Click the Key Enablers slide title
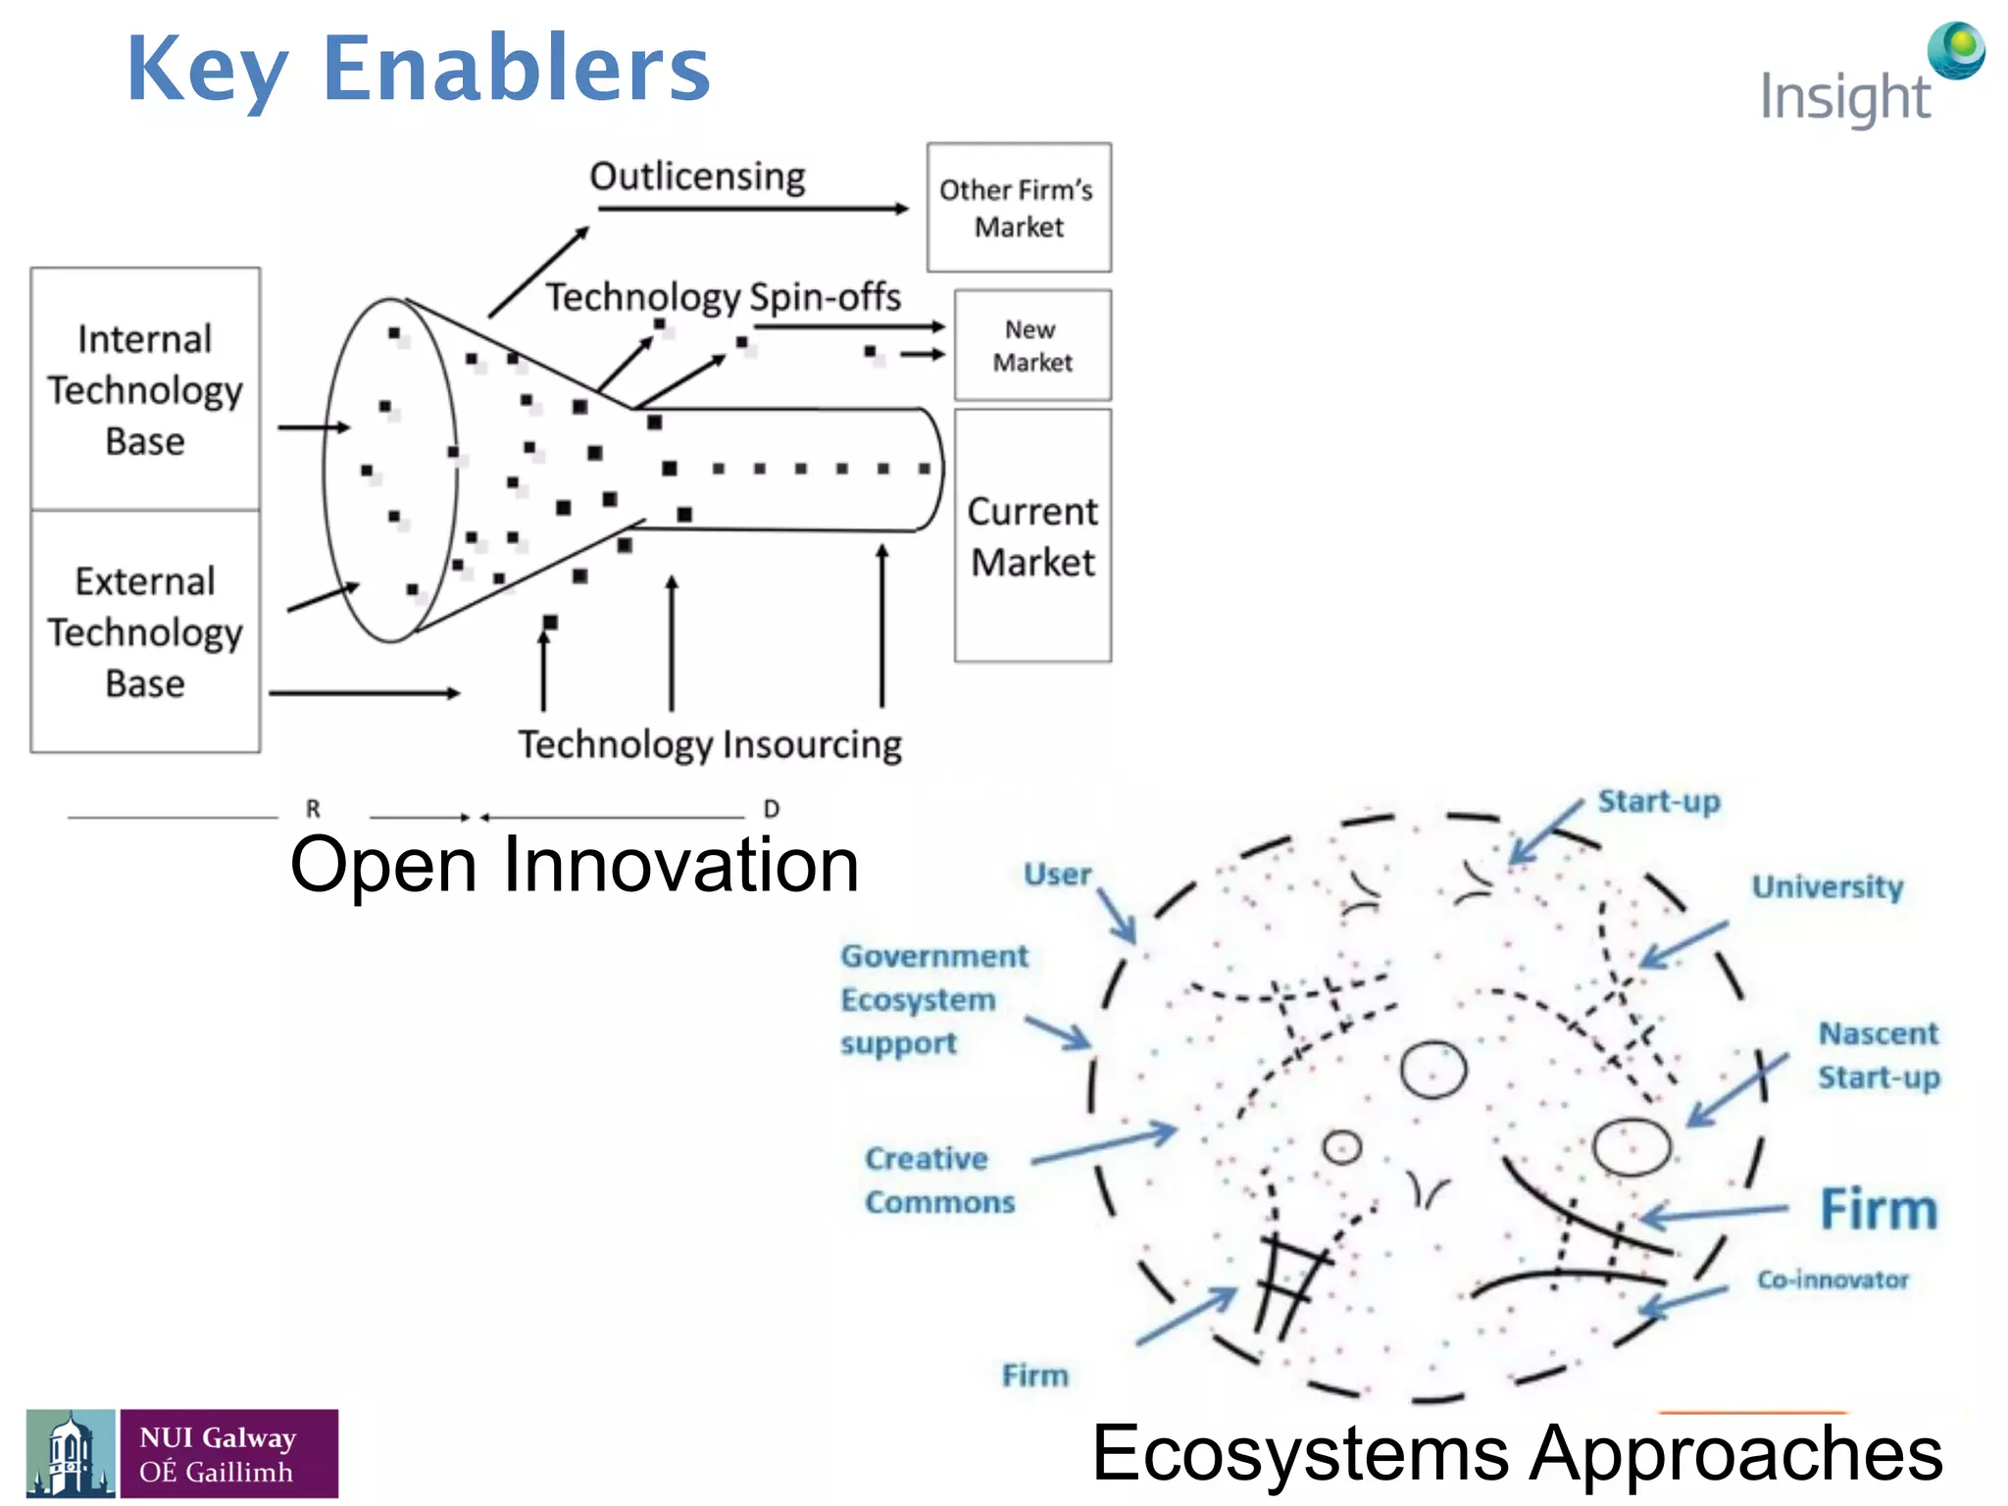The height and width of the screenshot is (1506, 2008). tap(419, 69)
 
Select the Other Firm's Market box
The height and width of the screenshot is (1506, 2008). tap(1019, 208)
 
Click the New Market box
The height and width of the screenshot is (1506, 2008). tap(1032, 345)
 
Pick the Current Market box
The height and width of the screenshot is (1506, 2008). tap(1032, 536)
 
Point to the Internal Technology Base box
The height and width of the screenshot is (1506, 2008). tap(145, 389)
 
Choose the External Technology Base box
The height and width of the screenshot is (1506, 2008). tap(145, 631)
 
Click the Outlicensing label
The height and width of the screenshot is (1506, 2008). tap(697, 176)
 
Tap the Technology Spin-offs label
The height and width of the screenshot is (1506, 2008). tap(724, 296)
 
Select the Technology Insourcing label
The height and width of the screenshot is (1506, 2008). tap(710, 744)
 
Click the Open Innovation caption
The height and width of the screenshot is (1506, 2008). tap(575, 865)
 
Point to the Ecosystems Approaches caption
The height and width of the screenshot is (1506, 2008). tap(1517, 1452)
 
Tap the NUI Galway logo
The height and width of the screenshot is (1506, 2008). tap(182, 1453)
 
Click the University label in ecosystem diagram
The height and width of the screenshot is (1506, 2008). tap(1828, 886)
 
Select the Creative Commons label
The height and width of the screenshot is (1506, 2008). tap(939, 1180)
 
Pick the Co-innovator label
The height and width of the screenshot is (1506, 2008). tap(1832, 1280)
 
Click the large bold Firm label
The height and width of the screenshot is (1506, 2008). tap(1879, 1209)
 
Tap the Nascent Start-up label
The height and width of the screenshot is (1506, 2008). tap(1879, 1055)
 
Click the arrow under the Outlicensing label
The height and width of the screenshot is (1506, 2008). tap(753, 209)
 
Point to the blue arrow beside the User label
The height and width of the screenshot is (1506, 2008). tap(1116, 915)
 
